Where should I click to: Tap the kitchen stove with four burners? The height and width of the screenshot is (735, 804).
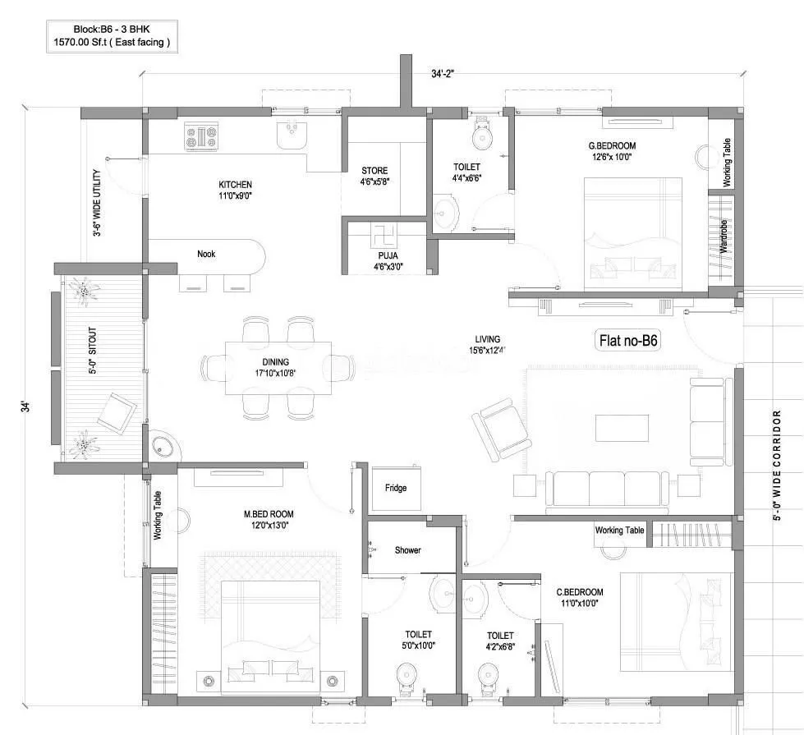[x=201, y=136]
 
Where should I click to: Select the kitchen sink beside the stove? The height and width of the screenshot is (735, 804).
[x=292, y=135]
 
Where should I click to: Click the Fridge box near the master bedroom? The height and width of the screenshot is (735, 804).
[x=396, y=488]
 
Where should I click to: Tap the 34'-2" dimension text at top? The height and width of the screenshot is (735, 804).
[x=443, y=74]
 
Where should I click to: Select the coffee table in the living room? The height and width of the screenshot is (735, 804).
[x=621, y=428]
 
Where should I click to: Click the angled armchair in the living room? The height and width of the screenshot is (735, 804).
[x=501, y=427]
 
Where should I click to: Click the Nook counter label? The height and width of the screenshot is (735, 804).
[x=206, y=254]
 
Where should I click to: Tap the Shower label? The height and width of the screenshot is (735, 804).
[x=407, y=550]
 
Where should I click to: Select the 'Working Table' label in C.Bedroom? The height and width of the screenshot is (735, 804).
[x=620, y=531]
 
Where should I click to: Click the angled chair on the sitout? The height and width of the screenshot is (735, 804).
[x=116, y=411]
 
